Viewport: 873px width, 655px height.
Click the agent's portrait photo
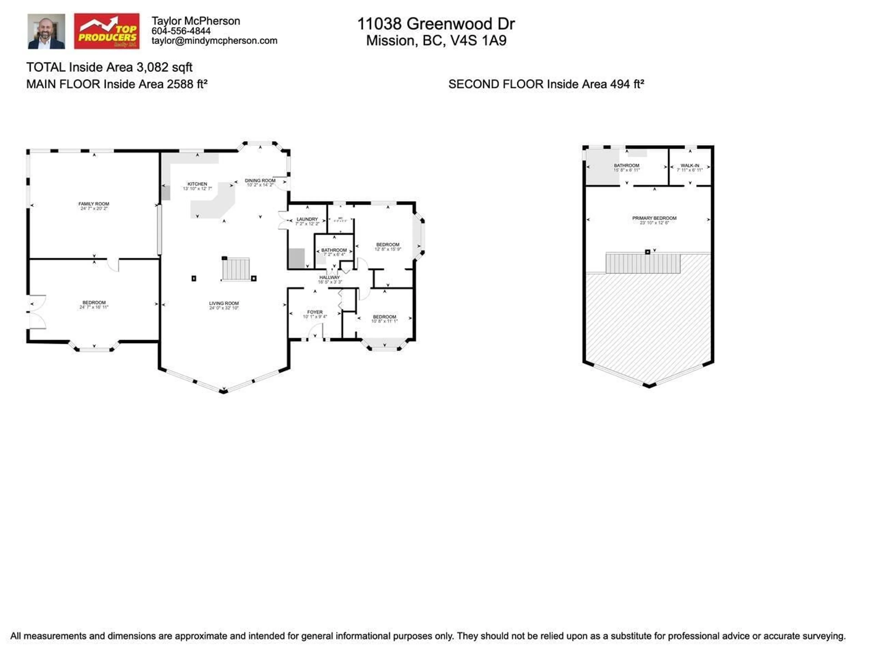click(46, 32)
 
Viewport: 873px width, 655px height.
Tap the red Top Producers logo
click(107, 32)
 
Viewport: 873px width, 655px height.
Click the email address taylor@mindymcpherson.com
click(214, 41)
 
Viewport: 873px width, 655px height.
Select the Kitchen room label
click(197, 184)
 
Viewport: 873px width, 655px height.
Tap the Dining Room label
click(260, 180)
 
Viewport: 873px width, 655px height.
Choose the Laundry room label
click(307, 219)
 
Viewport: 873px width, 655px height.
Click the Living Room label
click(224, 303)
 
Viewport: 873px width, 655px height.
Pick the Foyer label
click(315, 312)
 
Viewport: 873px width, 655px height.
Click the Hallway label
click(329, 277)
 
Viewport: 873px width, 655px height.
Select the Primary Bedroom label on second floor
click(654, 218)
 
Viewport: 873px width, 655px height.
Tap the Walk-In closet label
click(690, 165)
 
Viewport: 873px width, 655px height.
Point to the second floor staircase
click(643, 263)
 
